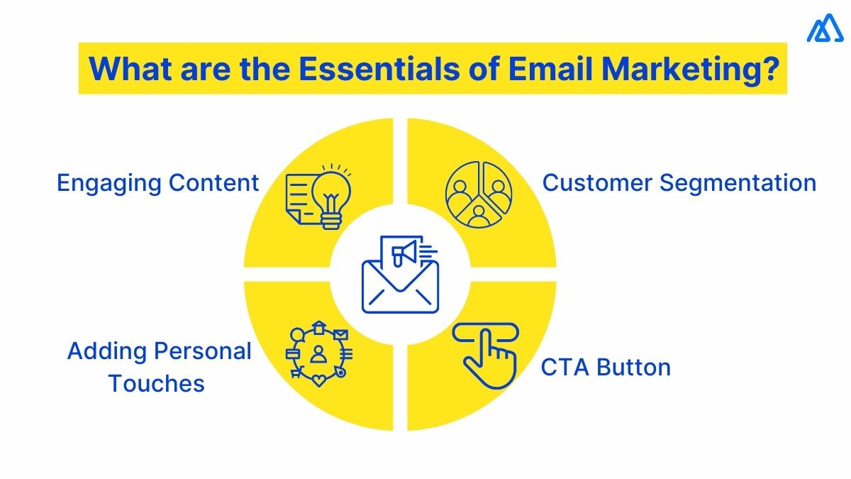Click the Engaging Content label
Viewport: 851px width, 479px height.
point(157,183)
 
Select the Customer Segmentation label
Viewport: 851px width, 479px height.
point(679,183)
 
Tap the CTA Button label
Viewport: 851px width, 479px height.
point(606,368)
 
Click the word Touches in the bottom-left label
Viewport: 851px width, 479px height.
point(156,384)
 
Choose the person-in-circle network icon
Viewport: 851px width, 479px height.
point(318,353)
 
